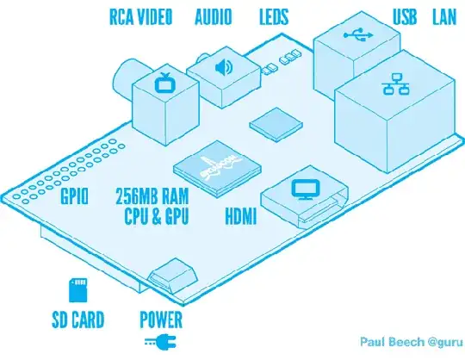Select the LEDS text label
(275, 16)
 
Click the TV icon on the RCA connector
(164, 84)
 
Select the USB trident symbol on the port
(354, 37)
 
